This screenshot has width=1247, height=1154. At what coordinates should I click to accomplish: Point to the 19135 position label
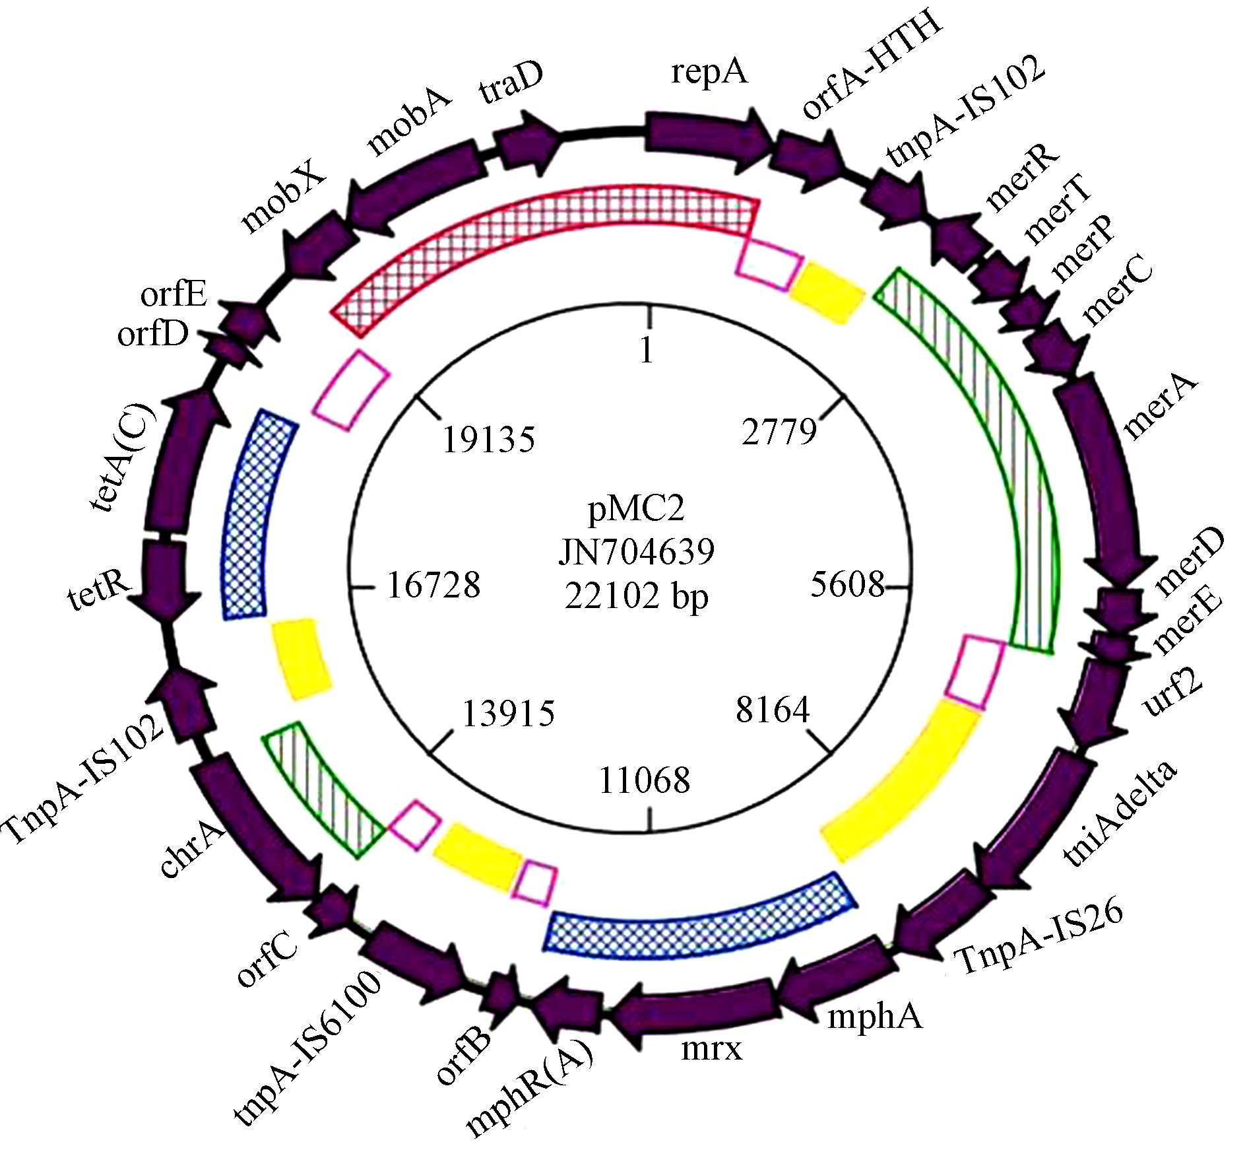point(488,439)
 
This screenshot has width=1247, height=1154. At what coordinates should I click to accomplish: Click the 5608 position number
point(847,584)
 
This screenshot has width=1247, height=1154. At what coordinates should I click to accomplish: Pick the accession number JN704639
point(636,552)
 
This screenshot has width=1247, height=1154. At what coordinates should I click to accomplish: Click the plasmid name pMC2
point(636,508)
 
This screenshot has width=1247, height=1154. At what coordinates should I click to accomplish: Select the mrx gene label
point(711,1048)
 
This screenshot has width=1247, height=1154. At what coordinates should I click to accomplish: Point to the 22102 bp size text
point(636,596)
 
